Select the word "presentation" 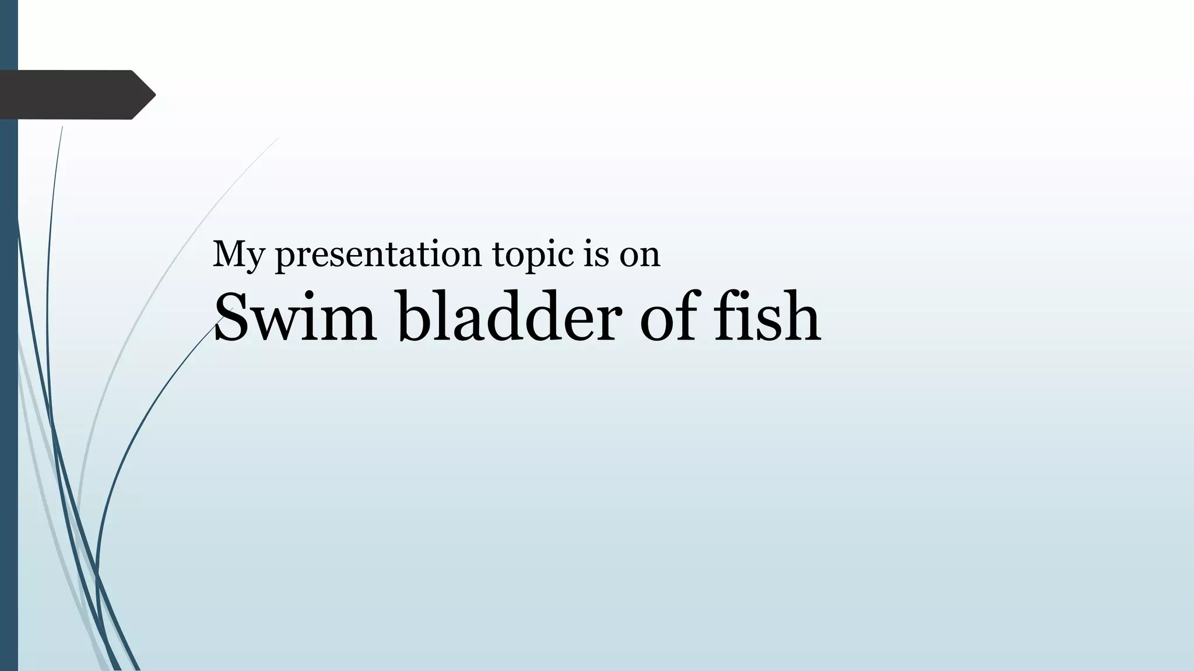(x=378, y=255)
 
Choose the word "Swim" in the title (x=295, y=317)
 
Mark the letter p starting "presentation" (x=285, y=257)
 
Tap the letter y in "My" (x=252, y=259)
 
